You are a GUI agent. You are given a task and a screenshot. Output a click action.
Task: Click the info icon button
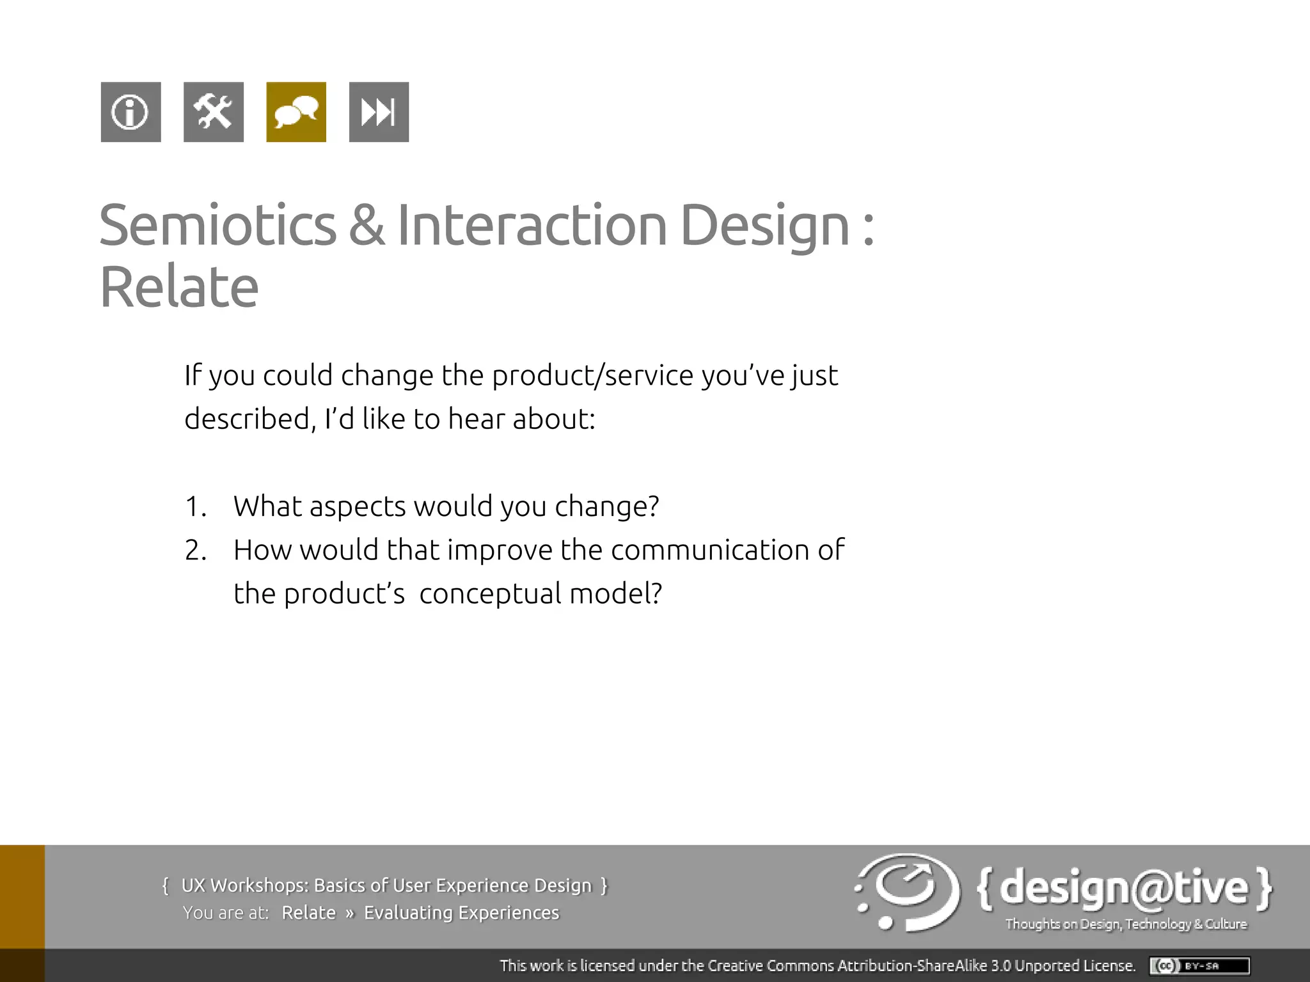(x=130, y=112)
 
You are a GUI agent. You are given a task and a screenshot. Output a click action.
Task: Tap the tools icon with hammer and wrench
(x=213, y=112)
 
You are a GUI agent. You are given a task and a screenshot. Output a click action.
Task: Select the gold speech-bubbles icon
(x=296, y=112)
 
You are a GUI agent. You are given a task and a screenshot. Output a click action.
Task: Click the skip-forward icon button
(x=379, y=112)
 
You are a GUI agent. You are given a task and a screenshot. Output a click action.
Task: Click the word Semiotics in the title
(x=217, y=225)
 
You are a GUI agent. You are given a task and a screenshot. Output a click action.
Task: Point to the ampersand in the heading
(x=367, y=225)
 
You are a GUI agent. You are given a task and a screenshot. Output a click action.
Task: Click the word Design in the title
(x=764, y=225)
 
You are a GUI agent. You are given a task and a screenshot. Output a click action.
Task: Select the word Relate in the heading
(x=179, y=287)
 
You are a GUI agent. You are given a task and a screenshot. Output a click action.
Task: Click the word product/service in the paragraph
(x=592, y=375)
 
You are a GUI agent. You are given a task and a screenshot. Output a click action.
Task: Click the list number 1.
(x=194, y=507)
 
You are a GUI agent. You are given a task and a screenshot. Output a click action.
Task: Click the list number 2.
(x=194, y=550)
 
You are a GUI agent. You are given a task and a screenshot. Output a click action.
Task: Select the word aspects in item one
(x=358, y=507)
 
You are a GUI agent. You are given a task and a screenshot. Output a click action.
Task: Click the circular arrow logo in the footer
(x=907, y=892)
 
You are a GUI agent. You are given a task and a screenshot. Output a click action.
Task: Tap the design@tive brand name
(x=1124, y=889)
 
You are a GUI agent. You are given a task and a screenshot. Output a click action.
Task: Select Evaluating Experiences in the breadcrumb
(x=461, y=913)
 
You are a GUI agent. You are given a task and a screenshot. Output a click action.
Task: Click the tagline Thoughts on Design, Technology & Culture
(x=1126, y=924)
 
